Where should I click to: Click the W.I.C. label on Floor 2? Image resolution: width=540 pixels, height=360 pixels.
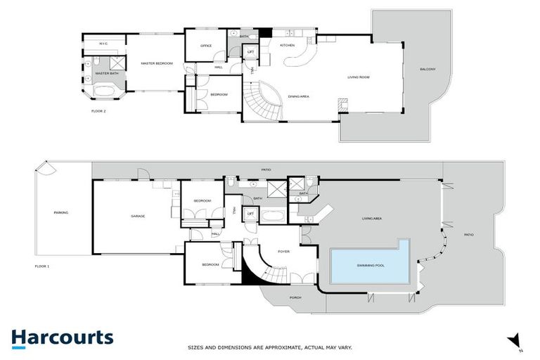(x=103, y=44)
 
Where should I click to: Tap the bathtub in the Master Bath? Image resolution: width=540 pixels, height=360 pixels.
(x=103, y=91)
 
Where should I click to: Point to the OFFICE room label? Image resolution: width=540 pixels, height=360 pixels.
(x=206, y=46)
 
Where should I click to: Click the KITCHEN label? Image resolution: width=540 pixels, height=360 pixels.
(x=288, y=45)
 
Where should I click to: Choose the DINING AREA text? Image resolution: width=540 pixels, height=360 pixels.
(x=300, y=96)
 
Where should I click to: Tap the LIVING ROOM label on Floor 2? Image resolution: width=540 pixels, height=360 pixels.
(x=359, y=77)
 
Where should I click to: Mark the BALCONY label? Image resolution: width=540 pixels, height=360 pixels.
(x=427, y=69)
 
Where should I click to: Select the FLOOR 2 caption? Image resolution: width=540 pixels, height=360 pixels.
(x=99, y=111)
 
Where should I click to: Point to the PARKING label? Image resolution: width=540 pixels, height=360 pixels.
(x=60, y=212)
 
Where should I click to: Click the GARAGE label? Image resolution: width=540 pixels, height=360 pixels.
(x=138, y=216)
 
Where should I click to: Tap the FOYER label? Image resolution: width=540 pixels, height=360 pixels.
(x=284, y=251)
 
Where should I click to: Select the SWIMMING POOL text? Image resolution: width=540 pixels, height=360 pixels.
(x=370, y=264)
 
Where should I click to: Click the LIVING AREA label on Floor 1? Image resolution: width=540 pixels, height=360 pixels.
(x=372, y=219)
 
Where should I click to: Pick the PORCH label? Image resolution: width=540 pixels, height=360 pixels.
(x=295, y=297)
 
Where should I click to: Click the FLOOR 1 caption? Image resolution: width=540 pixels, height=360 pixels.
(x=44, y=266)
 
